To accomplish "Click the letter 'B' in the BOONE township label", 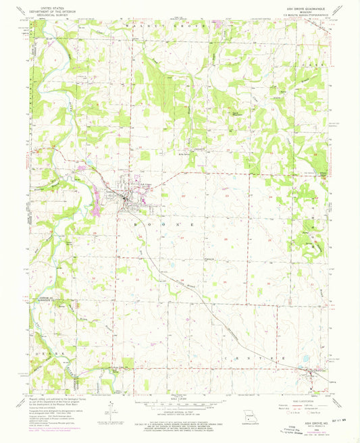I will pyautogui.click(x=140, y=221).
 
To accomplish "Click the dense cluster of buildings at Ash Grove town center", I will pyautogui.click(x=126, y=198).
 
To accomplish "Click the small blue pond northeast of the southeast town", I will pyautogui.click(x=305, y=359).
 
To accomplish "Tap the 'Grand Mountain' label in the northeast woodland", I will pyautogui.click(x=238, y=113).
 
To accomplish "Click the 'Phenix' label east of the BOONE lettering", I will pyautogui.click(x=210, y=257).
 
